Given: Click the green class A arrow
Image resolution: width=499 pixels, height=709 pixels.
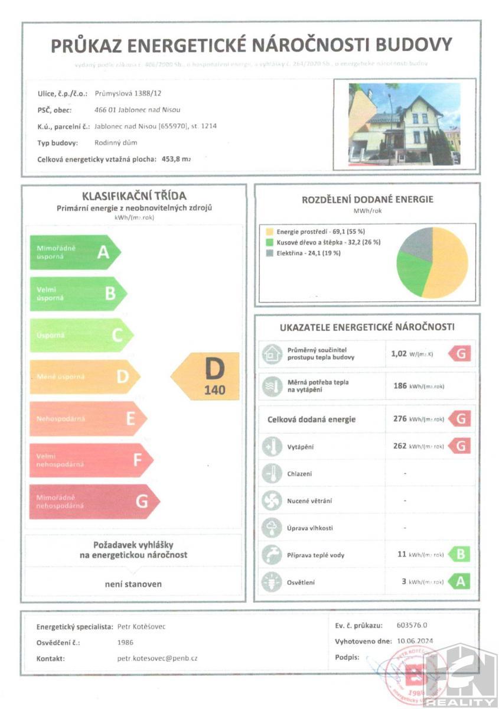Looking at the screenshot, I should click(x=74, y=252).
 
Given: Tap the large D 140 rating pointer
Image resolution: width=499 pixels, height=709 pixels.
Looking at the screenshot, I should click(x=207, y=376).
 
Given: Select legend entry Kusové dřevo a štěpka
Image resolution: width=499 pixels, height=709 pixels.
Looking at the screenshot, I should click(x=323, y=242).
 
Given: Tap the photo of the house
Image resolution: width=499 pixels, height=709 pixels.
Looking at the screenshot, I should click(x=404, y=125).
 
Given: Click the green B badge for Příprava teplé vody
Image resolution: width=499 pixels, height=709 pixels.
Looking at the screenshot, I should click(x=459, y=555).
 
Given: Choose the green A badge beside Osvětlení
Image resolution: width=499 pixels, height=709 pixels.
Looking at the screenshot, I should click(x=459, y=582).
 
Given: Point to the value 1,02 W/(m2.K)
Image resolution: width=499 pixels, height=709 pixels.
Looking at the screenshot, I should click(x=417, y=354).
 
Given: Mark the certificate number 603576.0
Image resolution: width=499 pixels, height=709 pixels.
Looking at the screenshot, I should click(x=412, y=626).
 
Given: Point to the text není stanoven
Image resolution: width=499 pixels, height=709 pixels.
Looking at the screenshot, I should click(x=133, y=584).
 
